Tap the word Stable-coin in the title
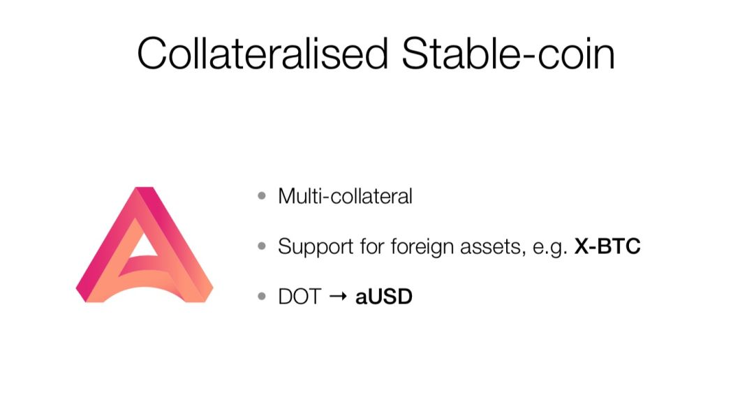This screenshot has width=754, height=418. coord(508,53)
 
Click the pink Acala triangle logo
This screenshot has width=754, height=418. coord(145,244)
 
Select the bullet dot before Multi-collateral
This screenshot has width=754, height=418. coord(262,195)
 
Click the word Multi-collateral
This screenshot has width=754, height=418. coord(346,196)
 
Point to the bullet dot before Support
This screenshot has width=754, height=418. coord(262,246)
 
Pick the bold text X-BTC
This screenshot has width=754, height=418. coord(607,246)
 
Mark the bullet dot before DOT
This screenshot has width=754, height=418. coord(262,297)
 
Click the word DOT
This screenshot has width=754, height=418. coord(300,297)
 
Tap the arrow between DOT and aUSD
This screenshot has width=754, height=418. coord(338,297)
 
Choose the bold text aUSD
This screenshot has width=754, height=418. coord(384,297)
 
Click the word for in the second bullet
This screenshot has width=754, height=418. coord(372,246)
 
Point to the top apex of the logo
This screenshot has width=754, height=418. coord(145,188)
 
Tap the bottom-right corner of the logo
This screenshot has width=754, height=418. coord(204,301)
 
